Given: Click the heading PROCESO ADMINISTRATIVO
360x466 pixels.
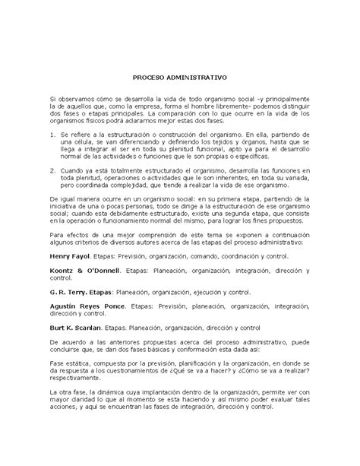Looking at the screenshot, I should (x=180, y=78).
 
